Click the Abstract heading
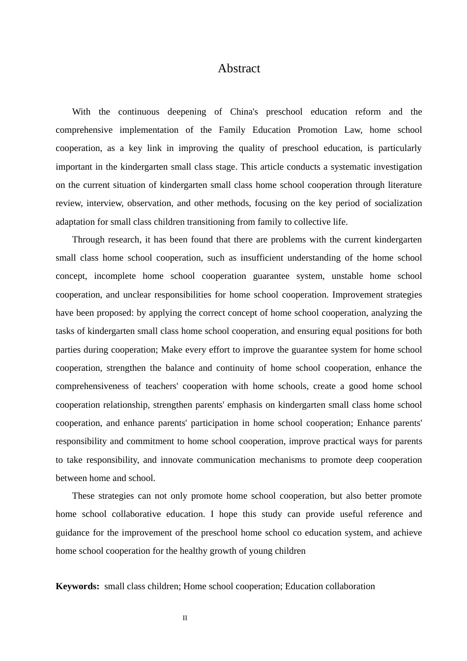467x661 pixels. tap(239, 68)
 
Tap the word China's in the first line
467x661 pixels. tap(244, 112)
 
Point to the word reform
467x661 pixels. tap(368, 112)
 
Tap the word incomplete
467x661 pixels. tap(115, 276)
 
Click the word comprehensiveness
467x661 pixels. tap(92, 386)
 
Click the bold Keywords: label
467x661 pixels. tap(78, 586)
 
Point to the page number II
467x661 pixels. tap(185, 618)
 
